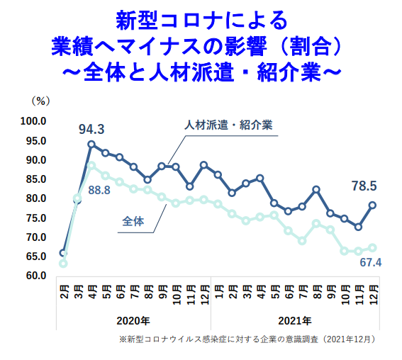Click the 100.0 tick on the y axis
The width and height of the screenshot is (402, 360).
coord(33,121)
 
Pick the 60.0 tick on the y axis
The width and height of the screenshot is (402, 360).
coord(35,275)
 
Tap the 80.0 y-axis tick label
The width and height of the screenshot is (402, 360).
coord(35,198)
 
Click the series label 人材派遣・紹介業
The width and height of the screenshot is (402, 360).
coord(229,125)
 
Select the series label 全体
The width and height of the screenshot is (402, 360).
coord(133,222)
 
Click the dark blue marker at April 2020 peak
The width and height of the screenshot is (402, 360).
coord(91,144)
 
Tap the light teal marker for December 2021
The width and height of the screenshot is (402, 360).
coord(372,247)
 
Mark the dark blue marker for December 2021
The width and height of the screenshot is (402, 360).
coord(372,205)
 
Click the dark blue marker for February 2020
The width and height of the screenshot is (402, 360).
coord(63,252)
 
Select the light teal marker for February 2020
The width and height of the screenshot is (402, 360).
coord(63,264)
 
